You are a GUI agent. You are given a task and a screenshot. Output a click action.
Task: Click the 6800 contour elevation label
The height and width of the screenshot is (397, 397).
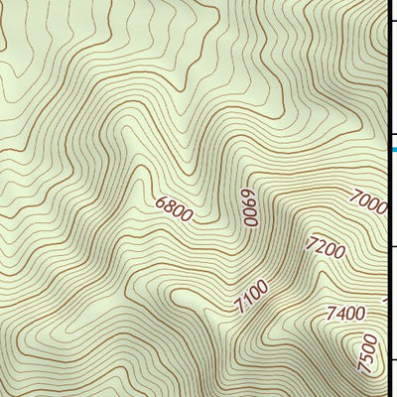coord(175,208)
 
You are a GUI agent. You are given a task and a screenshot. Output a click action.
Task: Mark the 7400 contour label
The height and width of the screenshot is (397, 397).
coord(344,314)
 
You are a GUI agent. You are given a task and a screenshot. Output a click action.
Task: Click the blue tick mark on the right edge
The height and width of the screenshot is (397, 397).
coord(393,150)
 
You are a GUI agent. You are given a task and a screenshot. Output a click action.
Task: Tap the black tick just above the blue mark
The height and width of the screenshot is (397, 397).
coord(391,135)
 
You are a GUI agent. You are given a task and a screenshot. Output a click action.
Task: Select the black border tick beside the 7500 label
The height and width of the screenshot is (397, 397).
coord(391,360)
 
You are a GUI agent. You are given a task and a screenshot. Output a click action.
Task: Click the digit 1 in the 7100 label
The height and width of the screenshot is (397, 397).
coord(248,301)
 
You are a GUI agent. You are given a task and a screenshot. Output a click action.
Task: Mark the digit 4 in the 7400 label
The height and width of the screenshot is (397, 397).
coord(339,314)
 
